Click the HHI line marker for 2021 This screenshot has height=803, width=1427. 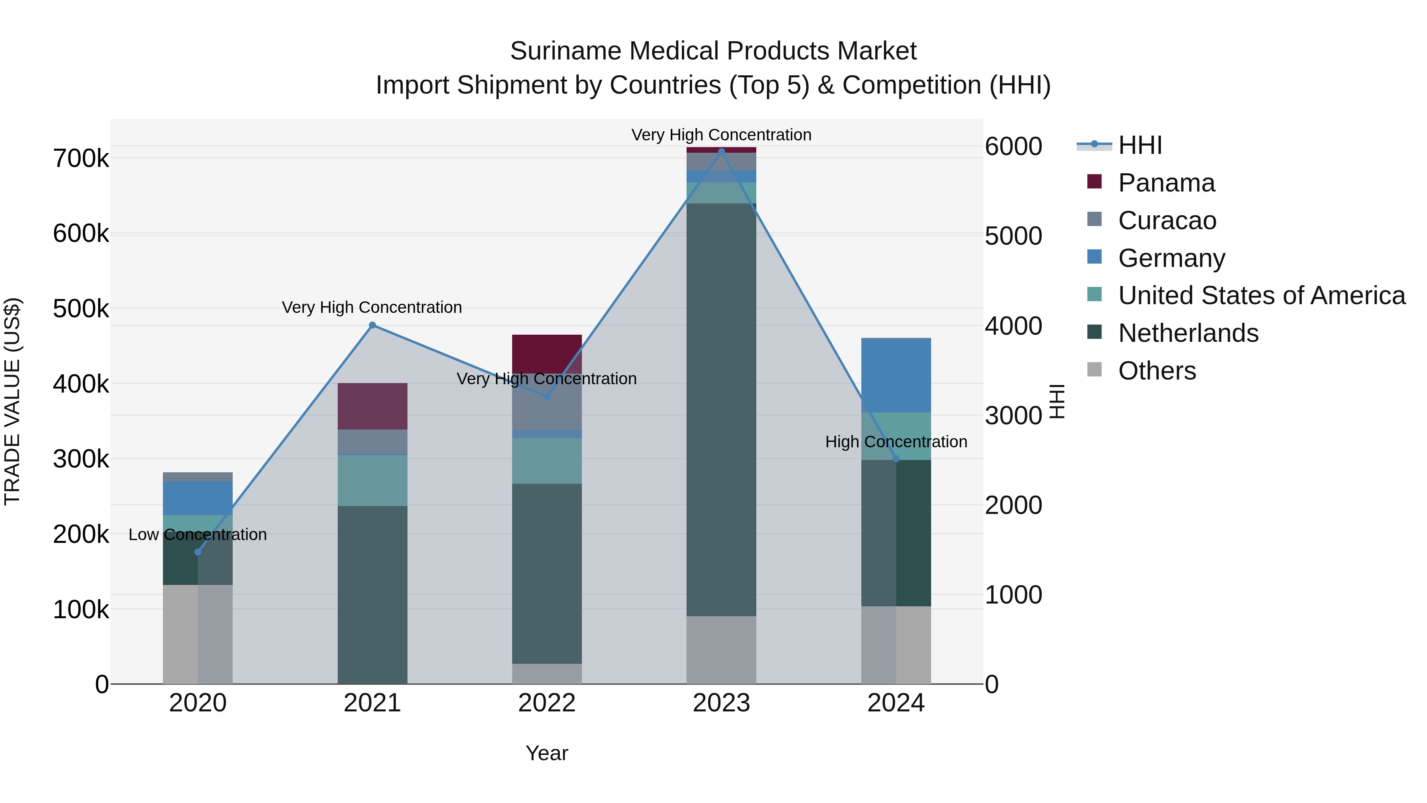pyautogui.click(x=372, y=325)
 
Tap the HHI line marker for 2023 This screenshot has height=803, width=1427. pyautogui.click(x=721, y=151)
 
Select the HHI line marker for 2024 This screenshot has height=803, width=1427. pyautogui.click(x=896, y=458)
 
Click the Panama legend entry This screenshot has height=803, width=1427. pyautogui.click(x=1166, y=183)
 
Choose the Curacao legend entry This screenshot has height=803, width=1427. pyautogui.click(x=1167, y=220)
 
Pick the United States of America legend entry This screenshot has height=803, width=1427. pyautogui.click(x=1261, y=295)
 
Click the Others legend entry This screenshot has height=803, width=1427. pyautogui.click(x=1157, y=371)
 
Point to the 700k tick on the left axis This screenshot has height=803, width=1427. pyautogui.click(x=81, y=159)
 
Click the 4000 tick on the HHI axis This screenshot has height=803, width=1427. pyautogui.click(x=1013, y=326)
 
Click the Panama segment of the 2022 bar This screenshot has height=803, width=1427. pyautogui.click(x=547, y=354)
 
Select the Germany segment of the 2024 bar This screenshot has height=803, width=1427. pyautogui.click(x=896, y=375)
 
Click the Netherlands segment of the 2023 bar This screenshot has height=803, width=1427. pyautogui.click(x=721, y=410)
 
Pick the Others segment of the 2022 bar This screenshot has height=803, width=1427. pyautogui.click(x=547, y=673)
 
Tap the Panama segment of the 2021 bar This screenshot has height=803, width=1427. pyautogui.click(x=372, y=406)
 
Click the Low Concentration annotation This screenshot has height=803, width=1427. pyautogui.click(x=198, y=535)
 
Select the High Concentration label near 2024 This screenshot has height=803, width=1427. pyautogui.click(x=896, y=442)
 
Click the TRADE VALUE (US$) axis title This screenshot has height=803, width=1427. pyautogui.click(x=12, y=401)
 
